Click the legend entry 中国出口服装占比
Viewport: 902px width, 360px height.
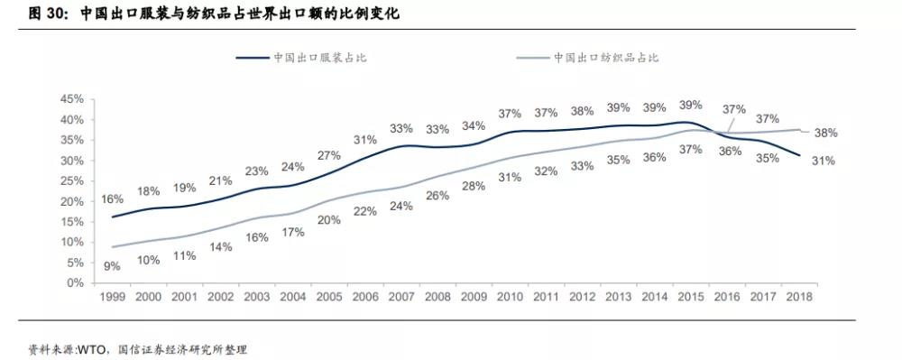tap(320, 58)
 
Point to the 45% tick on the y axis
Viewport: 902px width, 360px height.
tap(71, 99)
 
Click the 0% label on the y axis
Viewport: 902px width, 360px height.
tap(75, 282)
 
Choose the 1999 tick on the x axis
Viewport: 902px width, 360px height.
tap(112, 297)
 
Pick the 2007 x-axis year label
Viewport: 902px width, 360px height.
tap(400, 297)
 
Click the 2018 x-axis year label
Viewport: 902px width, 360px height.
tap(799, 297)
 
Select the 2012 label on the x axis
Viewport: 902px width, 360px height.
tap(582, 297)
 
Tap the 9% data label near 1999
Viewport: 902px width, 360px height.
tap(112, 265)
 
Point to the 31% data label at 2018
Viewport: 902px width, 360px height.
tap(823, 161)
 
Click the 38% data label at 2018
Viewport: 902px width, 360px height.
tap(826, 133)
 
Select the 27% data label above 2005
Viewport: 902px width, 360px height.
tap(328, 155)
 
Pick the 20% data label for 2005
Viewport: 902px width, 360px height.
tap(328, 220)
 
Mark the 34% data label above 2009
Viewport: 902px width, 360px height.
tap(474, 125)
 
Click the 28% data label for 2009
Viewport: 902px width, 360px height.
tap(474, 186)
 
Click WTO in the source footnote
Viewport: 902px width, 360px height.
tap(93, 349)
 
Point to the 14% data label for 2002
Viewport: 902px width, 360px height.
tap(220, 246)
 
